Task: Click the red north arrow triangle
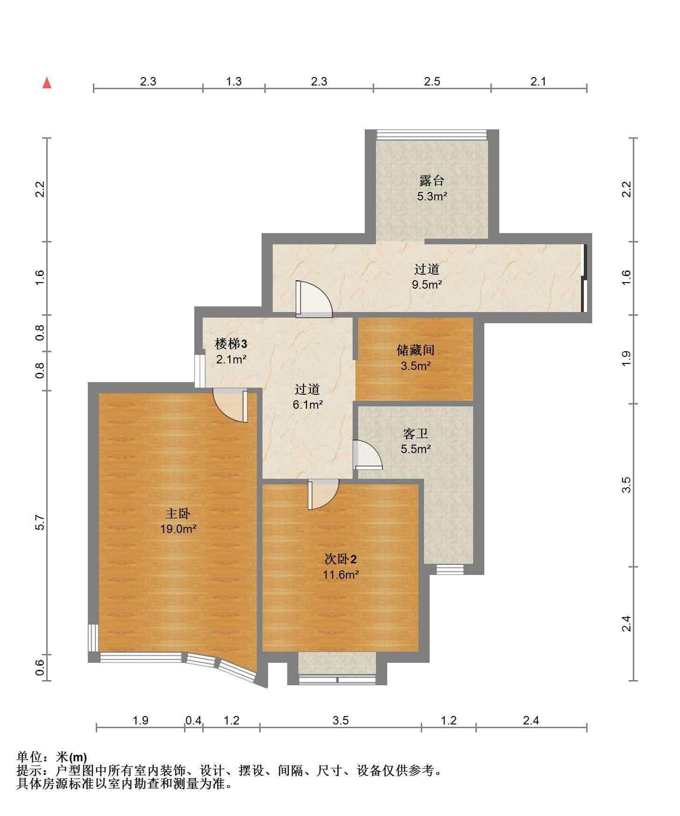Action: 47,83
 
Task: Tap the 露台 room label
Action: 432,180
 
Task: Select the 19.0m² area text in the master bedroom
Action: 178,529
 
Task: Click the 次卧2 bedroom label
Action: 341,559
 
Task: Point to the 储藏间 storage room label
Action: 416,350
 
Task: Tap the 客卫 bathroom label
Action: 416,434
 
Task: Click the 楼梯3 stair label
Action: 231,344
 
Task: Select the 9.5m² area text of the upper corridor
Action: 427,284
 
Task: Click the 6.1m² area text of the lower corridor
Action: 308,404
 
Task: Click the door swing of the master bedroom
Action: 230,405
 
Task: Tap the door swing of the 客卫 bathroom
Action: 368,454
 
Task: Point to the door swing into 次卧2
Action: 323,494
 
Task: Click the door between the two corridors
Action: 314,299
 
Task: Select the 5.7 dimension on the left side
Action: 40,523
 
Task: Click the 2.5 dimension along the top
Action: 432,82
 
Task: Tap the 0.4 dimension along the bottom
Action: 193,721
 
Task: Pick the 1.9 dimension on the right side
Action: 626,358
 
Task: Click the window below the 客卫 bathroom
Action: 450,569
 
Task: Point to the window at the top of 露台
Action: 432,135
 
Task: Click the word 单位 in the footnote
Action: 29,757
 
